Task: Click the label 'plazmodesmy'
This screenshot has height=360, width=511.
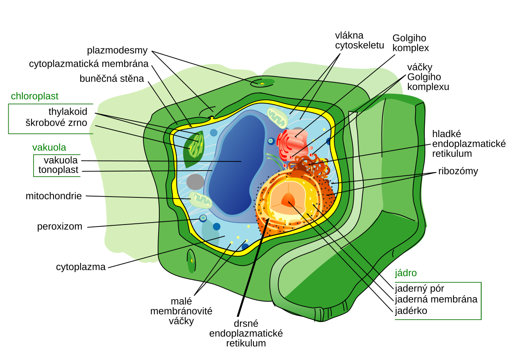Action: [x=117, y=51]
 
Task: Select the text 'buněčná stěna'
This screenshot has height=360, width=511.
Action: [x=112, y=79]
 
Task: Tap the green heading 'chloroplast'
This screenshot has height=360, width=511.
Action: [x=34, y=96]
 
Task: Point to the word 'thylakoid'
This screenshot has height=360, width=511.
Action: [x=68, y=112]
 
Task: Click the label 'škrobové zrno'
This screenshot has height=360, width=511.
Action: [x=56, y=123]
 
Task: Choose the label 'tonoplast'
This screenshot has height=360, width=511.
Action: [x=58, y=170]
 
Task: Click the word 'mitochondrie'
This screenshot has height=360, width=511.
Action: [x=53, y=196]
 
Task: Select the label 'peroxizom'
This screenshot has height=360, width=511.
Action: [x=59, y=227]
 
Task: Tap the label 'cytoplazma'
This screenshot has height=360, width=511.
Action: [x=81, y=267]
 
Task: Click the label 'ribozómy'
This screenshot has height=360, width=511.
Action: [x=458, y=171]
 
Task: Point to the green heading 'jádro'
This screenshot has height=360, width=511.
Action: [x=406, y=273]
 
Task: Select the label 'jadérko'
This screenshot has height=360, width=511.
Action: [x=411, y=311]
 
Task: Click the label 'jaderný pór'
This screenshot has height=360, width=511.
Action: [x=419, y=289]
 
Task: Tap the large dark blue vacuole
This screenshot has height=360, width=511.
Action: [x=237, y=164]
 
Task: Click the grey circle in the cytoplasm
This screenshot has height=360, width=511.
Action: [x=195, y=182]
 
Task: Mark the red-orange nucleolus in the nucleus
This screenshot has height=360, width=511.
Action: [x=289, y=200]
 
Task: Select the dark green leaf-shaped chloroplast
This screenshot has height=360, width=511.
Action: [x=194, y=149]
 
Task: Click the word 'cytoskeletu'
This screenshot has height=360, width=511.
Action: [x=360, y=46]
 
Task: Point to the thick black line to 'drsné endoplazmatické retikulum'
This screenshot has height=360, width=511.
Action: [x=253, y=267]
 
